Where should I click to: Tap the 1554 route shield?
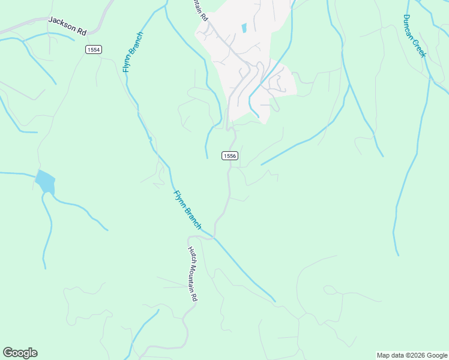pyautogui.click(x=93, y=50)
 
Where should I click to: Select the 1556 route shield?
pyautogui.click(x=230, y=155)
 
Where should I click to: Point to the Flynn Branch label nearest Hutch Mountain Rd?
pyautogui.click(x=188, y=210)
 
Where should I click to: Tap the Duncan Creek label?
pyautogui.click(x=414, y=36)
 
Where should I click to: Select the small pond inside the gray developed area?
pyautogui.click(x=244, y=28)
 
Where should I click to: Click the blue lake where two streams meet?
pyautogui.click(x=45, y=182)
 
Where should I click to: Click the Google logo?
pyautogui.click(x=20, y=353)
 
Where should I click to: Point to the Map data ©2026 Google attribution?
pyautogui.click(x=412, y=355)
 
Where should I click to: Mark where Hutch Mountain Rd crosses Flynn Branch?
pyautogui.click(x=212, y=236)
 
